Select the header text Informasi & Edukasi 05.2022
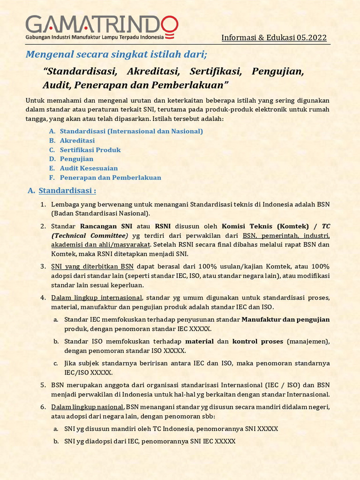pyautogui.click(x=274, y=38)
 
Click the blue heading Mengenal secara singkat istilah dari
pyautogui.click(x=116, y=54)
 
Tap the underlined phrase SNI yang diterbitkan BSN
pyautogui.click(x=92, y=266)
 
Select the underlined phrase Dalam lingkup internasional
pyautogui.click(x=97, y=298)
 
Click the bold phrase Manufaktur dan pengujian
pyautogui.click(x=285, y=320)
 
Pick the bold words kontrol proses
pyautogui.click(x=258, y=341)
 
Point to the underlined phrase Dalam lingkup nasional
pyautogui.click(x=88, y=407)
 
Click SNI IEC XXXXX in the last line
pyautogui.click(x=216, y=441)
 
